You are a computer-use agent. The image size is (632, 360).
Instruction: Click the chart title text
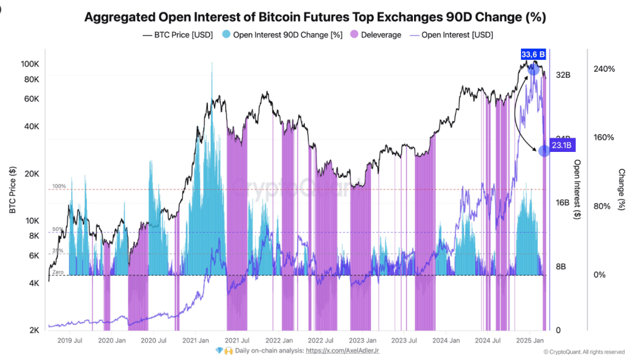[x=315, y=17]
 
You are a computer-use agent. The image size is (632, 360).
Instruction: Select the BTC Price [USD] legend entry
[x=178, y=35]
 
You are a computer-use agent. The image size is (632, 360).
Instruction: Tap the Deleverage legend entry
[x=376, y=35]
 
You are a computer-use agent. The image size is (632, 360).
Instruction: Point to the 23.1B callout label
[x=561, y=146]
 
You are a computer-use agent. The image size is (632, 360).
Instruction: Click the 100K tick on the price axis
[x=30, y=64]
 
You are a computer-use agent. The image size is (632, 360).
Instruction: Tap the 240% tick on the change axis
[x=604, y=69]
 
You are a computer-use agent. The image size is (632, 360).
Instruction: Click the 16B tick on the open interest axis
[x=562, y=203]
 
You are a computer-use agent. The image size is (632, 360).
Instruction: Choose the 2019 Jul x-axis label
[x=70, y=340]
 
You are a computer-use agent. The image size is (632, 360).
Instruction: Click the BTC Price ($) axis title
[x=12, y=190]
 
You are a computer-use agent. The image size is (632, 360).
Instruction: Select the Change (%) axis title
[x=622, y=190]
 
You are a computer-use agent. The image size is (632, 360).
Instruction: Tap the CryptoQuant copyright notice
[x=584, y=352]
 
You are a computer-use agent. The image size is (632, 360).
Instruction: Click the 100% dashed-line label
[x=59, y=186]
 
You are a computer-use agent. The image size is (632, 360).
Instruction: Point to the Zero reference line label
[x=58, y=272]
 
